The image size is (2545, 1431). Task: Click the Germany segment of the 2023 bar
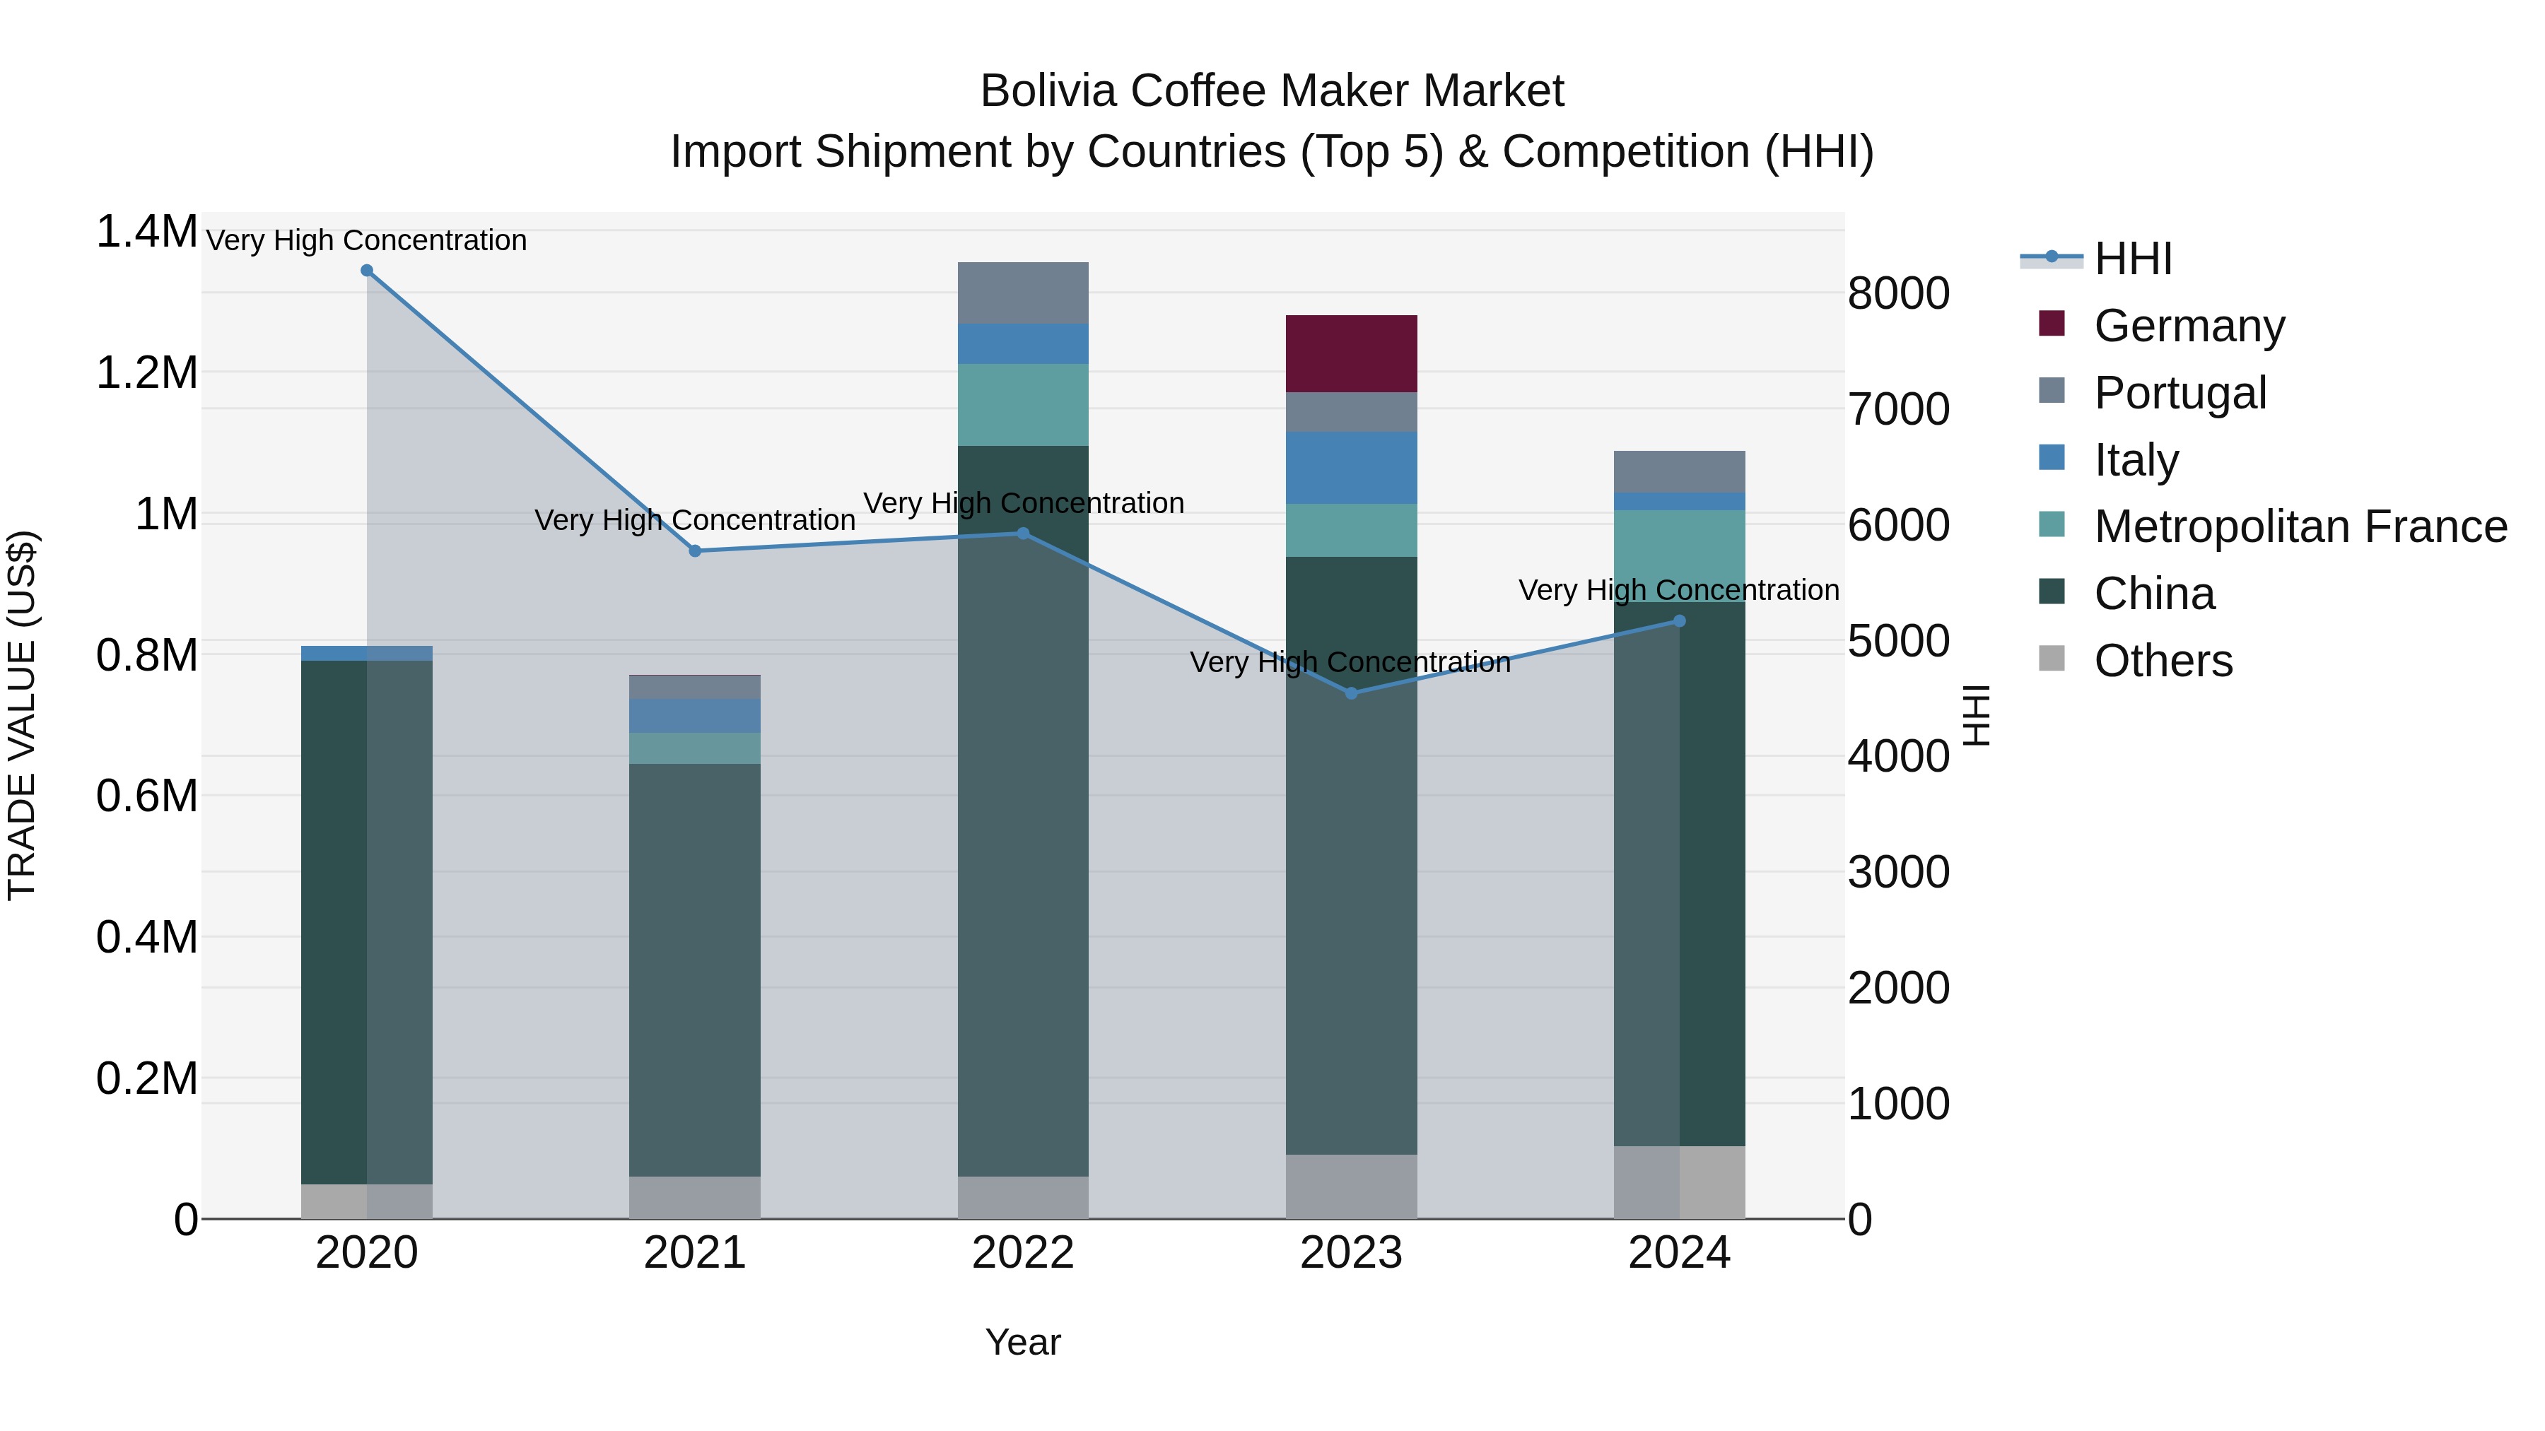click(1350, 353)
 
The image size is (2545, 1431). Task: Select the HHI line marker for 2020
click(366, 271)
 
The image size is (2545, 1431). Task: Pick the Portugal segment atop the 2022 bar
click(1022, 293)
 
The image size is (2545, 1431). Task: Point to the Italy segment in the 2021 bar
click(694, 716)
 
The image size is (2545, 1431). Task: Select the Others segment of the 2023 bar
click(1350, 1186)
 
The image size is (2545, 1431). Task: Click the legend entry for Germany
click(2188, 326)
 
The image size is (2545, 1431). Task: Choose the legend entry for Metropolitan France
click(2300, 526)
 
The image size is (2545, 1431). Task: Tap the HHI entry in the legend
click(2132, 259)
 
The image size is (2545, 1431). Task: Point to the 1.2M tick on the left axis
click(146, 373)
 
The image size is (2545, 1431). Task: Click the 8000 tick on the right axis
click(1898, 293)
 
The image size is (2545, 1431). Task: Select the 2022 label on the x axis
click(1022, 1253)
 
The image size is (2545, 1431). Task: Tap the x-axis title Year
click(1022, 1342)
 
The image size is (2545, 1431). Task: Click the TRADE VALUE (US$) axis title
click(22, 715)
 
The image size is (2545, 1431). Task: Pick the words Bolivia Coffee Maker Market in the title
click(1272, 91)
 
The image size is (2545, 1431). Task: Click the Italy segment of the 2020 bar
click(366, 653)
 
